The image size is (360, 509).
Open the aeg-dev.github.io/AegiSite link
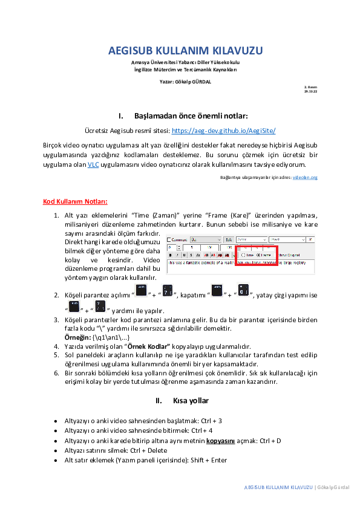pyautogui.click(x=224, y=130)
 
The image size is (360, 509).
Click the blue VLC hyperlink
pyautogui.click(x=93, y=164)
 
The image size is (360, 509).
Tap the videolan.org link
pyautogui.click(x=305, y=178)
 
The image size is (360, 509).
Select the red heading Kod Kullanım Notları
pyautogui.click(x=75, y=201)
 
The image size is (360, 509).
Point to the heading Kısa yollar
pyautogui.click(x=191, y=401)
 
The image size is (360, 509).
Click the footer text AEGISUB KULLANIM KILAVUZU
pyautogui.click(x=278, y=487)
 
